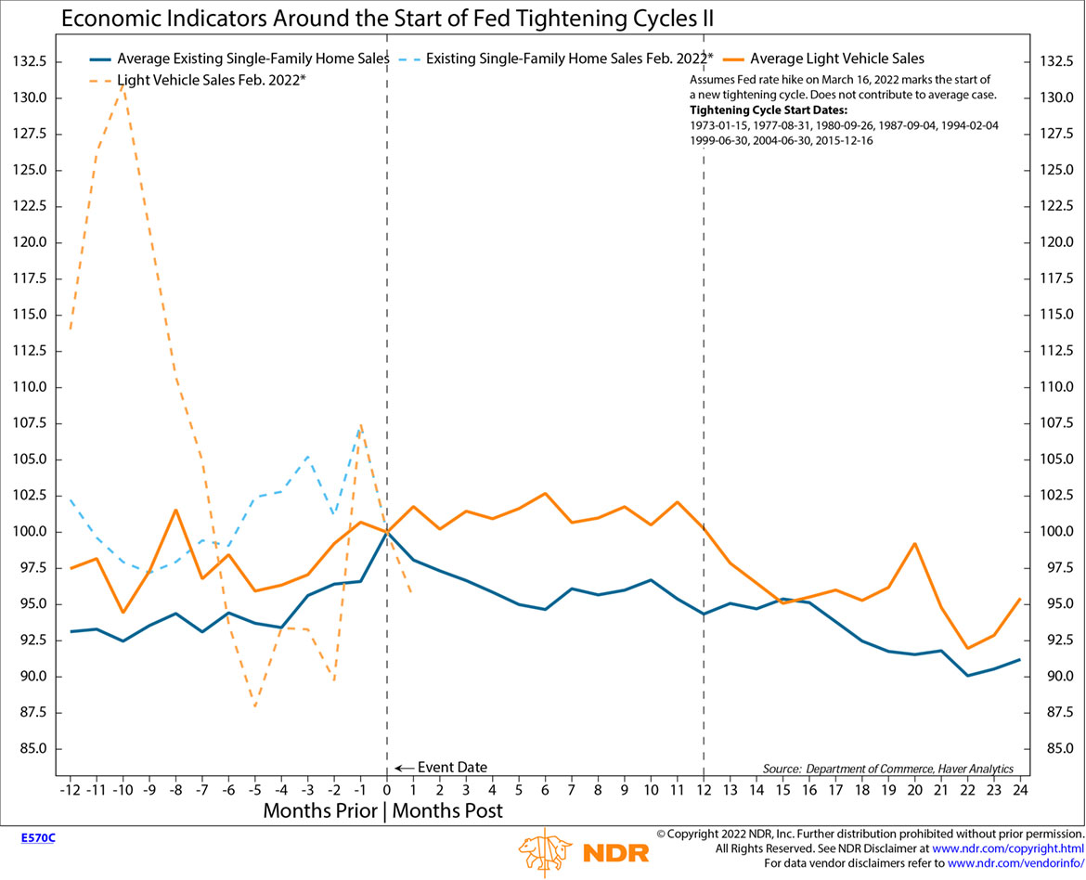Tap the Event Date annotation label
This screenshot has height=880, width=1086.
point(452,768)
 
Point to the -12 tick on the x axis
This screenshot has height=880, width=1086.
point(70,790)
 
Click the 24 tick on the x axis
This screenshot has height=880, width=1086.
point(1020,790)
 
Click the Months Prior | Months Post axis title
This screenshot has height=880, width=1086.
point(383,810)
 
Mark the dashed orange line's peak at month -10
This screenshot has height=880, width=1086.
point(123,84)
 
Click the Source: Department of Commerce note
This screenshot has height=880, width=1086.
point(887,769)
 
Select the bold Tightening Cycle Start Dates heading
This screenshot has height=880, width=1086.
point(762,110)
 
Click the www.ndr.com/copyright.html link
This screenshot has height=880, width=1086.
point(1007,848)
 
